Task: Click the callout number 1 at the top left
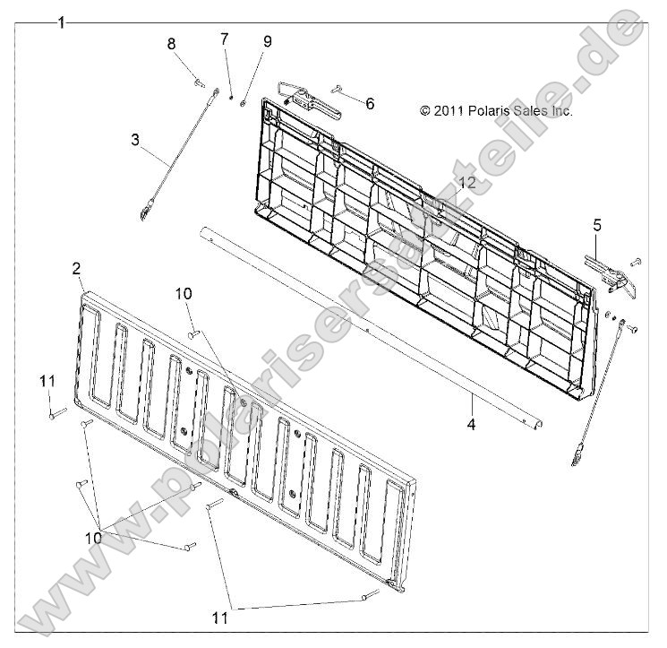point(62,22)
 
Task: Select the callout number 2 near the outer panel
point(76,269)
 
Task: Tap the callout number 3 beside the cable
point(135,140)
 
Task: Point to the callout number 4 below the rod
point(471,424)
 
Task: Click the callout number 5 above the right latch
point(597,225)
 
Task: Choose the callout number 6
point(370,103)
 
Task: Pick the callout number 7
point(224,39)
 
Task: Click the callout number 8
point(171,43)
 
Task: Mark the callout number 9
point(267,42)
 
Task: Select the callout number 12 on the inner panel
point(467,183)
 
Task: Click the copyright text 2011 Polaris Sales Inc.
point(496,111)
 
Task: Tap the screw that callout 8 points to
point(200,82)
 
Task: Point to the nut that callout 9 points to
point(243,103)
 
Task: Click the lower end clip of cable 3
point(145,211)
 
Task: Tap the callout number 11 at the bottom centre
point(220,618)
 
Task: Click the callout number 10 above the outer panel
point(184,293)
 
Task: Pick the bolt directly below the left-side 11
point(58,413)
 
